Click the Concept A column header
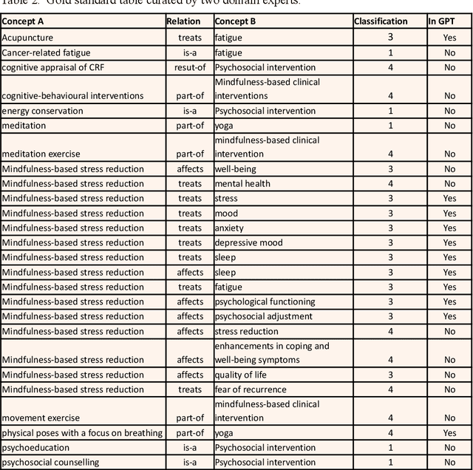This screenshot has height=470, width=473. (x=27, y=21)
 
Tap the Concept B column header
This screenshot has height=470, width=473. (x=235, y=21)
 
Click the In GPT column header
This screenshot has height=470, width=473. (x=442, y=21)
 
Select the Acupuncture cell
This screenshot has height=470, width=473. (x=28, y=37)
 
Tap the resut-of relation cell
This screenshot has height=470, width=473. (x=188, y=67)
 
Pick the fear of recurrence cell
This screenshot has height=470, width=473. (x=250, y=389)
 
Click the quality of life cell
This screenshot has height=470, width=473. (x=241, y=375)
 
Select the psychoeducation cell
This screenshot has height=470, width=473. (x=35, y=448)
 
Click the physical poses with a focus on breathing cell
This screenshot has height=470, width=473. (x=81, y=433)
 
